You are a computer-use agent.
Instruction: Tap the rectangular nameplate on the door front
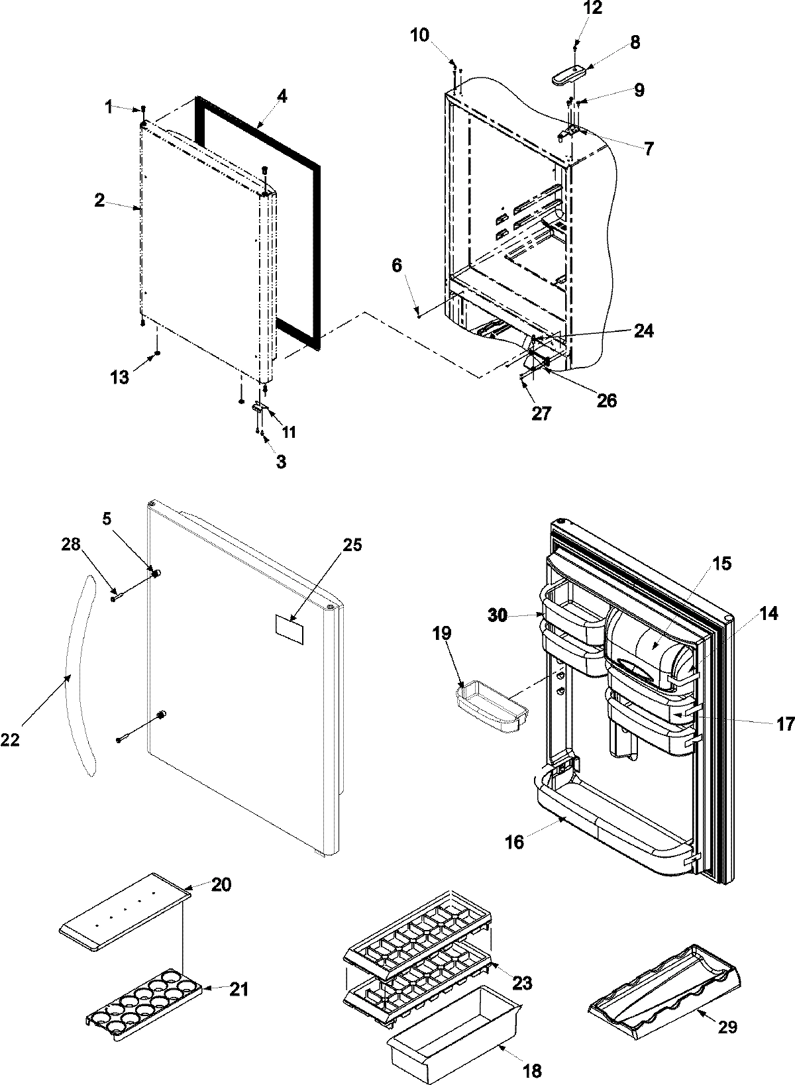291,627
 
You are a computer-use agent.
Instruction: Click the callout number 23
522,984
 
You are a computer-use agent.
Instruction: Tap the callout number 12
575,9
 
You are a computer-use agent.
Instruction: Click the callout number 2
99,201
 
